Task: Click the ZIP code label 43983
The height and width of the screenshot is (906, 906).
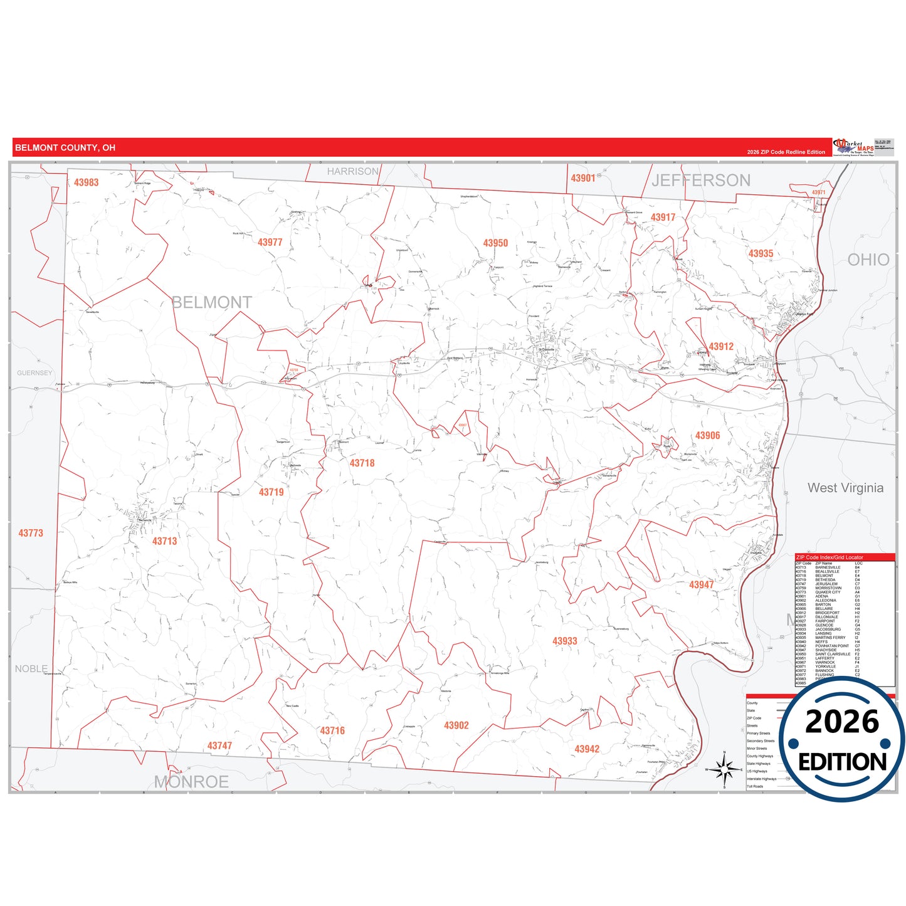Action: tap(86, 182)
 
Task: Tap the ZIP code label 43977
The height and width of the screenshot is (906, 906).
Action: tap(270, 242)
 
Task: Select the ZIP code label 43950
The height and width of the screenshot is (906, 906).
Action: tap(495, 243)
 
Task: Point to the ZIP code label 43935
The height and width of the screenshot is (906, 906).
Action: tap(761, 254)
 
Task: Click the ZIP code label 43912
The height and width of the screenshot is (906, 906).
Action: tap(721, 347)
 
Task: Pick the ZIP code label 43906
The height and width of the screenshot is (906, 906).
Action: tap(707, 436)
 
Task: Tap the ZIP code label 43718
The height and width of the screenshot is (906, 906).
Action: tap(362, 463)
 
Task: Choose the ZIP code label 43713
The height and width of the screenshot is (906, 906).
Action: tap(164, 541)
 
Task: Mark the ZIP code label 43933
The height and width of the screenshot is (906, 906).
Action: tap(564, 641)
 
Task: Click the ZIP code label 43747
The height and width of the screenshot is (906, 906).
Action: tap(219, 745)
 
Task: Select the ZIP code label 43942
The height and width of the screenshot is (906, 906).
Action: tap(587, 749)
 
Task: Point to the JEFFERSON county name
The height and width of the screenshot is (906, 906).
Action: tap(700, 181)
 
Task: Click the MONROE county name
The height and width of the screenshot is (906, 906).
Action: tap(191, 782)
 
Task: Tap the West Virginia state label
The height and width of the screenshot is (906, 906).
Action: tap(845, 488)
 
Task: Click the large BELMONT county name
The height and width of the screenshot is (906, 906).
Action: tap(212, 303)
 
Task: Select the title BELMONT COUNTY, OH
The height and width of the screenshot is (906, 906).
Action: tap(65, 148)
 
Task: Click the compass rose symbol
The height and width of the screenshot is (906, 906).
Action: tap(724, 769)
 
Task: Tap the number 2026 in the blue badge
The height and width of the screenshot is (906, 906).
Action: tap(842, 722)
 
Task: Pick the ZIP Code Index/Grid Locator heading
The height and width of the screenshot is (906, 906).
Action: tap(829, 557)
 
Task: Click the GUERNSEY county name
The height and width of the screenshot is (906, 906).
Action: tap(34, 373)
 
